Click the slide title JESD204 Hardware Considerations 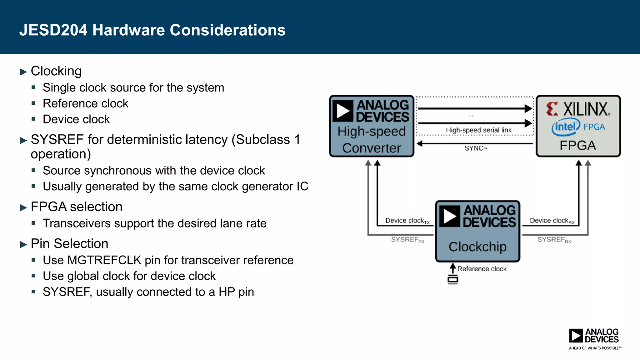[x=152, y=30]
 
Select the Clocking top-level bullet [x=56, y=71]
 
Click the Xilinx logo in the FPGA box [x=578, y=109]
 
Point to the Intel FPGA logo [x=578, y=127]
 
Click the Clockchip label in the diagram [x=477, y=247]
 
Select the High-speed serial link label [x=478, y=130]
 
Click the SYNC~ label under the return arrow [x=476, y=148]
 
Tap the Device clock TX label [x=407, y=221]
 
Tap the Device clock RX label [x=552, y=221]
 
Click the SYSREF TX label [x=407, y=240]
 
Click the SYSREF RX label [x=554, y=240]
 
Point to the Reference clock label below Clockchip [x=482, y=269]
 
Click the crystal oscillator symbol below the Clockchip [x=453, y=279]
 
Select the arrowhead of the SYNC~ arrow [x=420, y=143]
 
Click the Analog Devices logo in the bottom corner [x=594, y=338]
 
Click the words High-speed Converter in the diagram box [x=372, y=139]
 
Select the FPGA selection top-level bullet [x=76, y=207]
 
